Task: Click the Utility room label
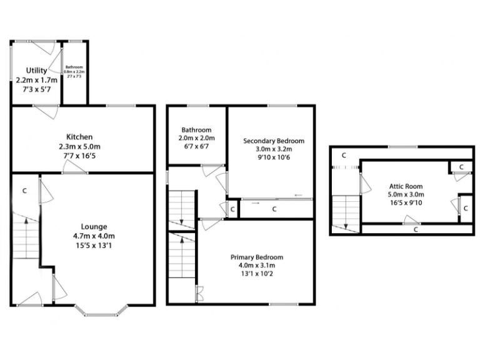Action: coord(36,71)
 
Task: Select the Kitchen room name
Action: coord(80,137)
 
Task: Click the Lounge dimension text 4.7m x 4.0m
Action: coord(94,236)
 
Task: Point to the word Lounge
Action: coord(94,226)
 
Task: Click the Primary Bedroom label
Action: coord(256,257)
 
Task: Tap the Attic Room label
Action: coord(405,186)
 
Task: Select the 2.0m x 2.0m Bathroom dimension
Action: coord(196,138)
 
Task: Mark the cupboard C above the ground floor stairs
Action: coord(24,190)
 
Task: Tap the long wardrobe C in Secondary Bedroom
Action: coord(274,209)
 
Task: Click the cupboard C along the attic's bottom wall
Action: coord(416,230)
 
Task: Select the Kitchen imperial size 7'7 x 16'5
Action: coord(80,156)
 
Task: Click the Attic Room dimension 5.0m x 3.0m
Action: coord(405,194)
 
